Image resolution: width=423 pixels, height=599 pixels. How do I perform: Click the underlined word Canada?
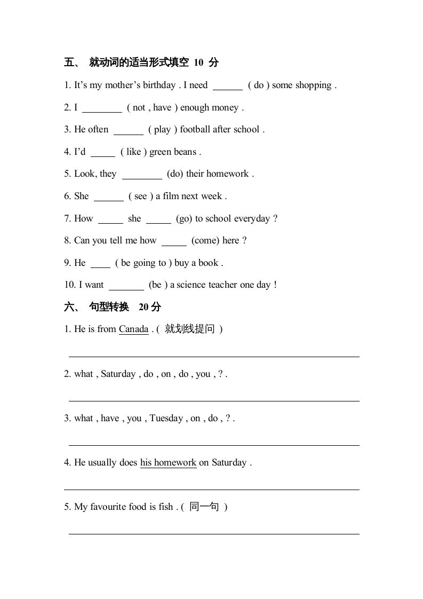click(x=133, y=329)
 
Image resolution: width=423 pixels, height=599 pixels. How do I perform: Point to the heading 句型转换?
click(x=109, y=307)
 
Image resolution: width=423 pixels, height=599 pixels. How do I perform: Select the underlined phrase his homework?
click(x=168, y=463)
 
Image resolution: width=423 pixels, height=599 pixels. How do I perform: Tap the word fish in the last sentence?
click(x=165, y=507)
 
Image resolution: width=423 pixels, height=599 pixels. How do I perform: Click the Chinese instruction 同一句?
click(x=204, y=507)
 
